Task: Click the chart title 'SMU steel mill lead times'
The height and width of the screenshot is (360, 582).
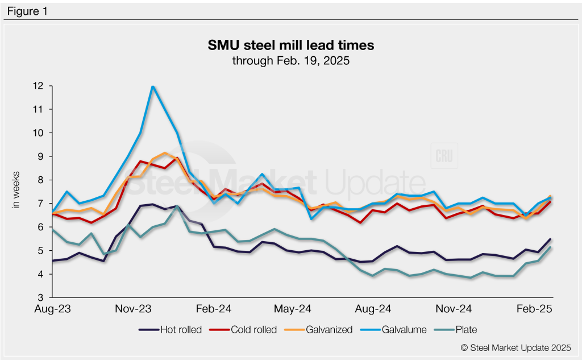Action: (290, 44)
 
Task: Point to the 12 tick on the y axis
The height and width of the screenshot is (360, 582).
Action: (39, 86)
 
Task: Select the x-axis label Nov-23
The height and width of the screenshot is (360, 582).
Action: (134, 309)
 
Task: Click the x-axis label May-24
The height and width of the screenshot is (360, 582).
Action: (294, 309)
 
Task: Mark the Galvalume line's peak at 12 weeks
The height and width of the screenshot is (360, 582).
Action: (152, 86)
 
